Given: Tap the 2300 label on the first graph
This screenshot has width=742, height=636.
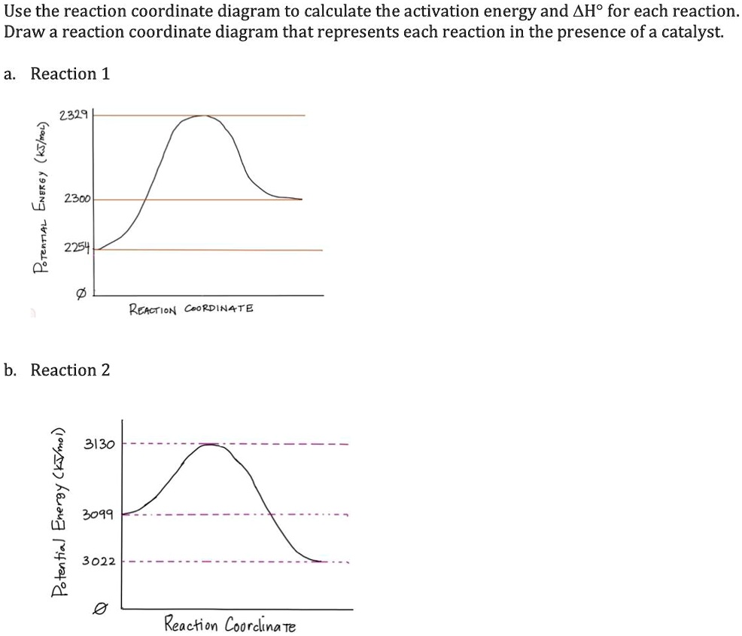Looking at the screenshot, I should [78, 199].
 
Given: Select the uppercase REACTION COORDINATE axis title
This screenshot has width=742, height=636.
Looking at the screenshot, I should [192, 309].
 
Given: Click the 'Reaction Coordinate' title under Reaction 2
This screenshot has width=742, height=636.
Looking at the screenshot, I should [230, 625].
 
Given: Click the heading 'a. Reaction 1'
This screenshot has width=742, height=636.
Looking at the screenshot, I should [57, 74].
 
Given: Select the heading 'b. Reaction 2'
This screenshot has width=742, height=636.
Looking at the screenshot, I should [57, 370].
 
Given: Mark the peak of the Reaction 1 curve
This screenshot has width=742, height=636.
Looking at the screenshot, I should [201, 116].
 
